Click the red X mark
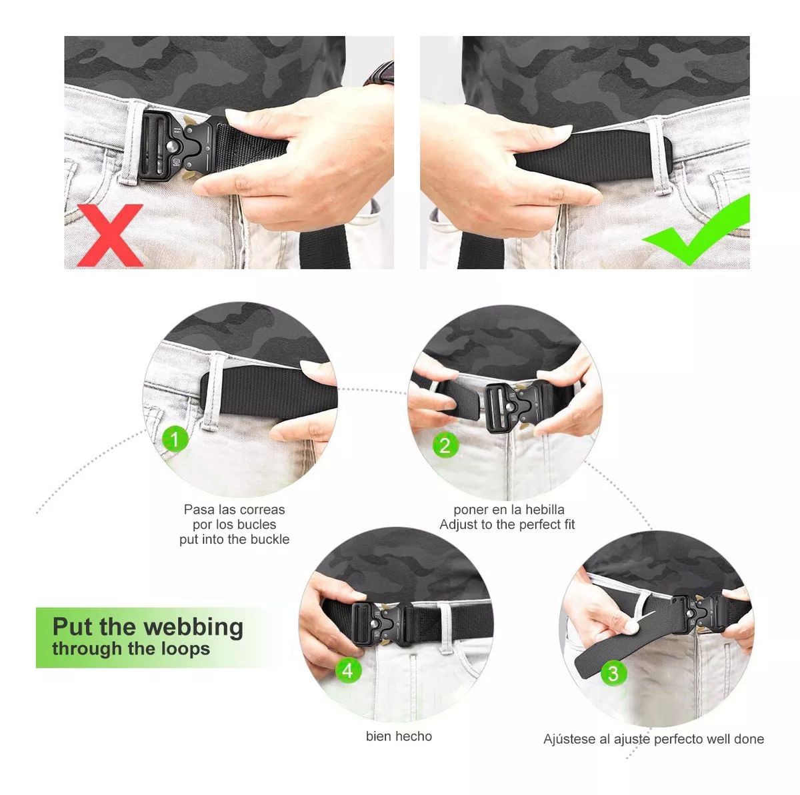[111, 235]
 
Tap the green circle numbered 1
[175, 439]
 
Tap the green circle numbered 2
[445, 445]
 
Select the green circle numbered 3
[613, 673]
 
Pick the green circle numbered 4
[348, 670]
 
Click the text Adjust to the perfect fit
[507, 524]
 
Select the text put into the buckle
[234, 540]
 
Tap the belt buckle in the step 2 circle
[518, 406]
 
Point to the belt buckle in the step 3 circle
[697, 614]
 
